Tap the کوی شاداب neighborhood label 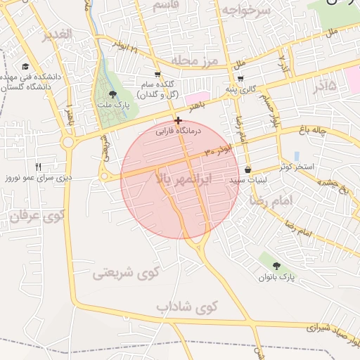pos(188,307)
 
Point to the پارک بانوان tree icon pos(277,266)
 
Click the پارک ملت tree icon pos(113,95)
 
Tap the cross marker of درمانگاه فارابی pos(179,120)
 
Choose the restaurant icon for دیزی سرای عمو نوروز pos(39,167)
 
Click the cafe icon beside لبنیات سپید pos(247,169)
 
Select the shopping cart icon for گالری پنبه pos(241,79)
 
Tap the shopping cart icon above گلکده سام pos(157,74)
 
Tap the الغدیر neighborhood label pos(56,35)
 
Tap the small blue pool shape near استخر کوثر pos(297,155)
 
